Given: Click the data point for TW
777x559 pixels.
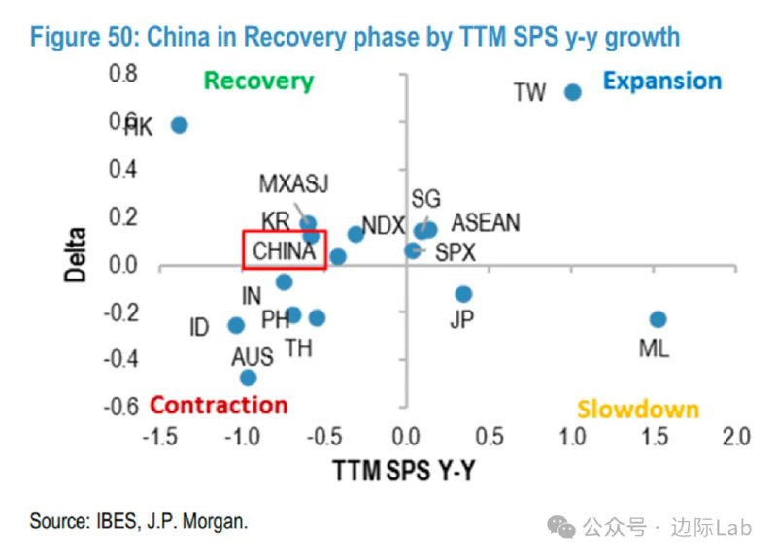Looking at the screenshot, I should coord(572,92).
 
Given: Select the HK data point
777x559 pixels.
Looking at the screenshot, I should coord(179,125).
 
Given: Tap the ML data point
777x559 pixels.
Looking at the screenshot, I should coord(658,319).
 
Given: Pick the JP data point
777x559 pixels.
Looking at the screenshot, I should coord(463,294).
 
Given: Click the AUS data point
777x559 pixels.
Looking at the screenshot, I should coord(248,378).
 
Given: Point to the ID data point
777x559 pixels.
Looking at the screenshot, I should coord(236,326).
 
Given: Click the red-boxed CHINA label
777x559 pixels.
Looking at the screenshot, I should coord(284,251).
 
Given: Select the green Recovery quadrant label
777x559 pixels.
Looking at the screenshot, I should coord(259,82).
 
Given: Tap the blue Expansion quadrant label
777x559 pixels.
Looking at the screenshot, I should coord(661,82).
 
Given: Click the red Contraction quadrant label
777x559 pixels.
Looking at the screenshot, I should coord(220,406).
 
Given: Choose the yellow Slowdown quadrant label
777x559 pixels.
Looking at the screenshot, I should coord(638,410).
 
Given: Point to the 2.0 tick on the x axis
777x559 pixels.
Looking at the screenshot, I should coord(736,435).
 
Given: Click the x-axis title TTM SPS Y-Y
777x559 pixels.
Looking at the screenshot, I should coord(404,471).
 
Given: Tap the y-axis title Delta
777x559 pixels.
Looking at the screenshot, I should coord(77,254).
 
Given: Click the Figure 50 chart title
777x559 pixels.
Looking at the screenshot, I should coord(355,38).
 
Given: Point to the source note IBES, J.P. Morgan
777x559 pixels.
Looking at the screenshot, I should coord(139,521).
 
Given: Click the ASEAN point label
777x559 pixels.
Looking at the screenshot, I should coord(486,222).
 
